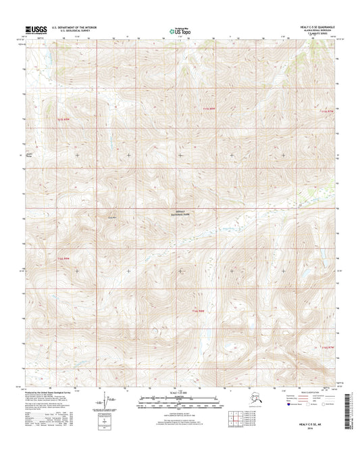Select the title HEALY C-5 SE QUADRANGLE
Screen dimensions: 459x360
coord(314,26)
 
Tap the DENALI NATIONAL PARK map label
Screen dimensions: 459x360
coord(178,212)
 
